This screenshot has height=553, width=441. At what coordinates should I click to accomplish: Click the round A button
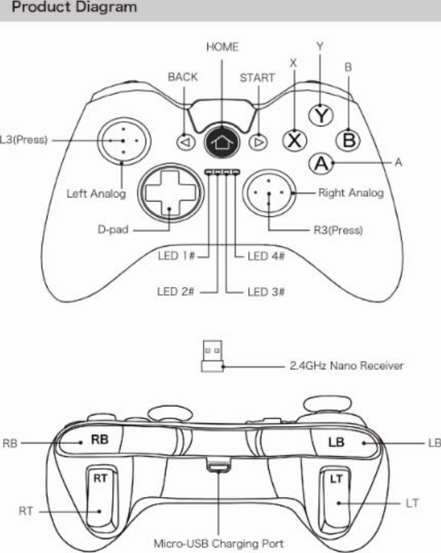point(321,163)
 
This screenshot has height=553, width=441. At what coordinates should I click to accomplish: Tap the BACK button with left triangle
point(186,140)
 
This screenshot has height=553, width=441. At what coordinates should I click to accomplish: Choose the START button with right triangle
point(261,140)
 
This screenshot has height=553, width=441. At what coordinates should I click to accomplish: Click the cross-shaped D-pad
point(169,192)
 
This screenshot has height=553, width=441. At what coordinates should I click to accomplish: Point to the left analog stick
point(124,140)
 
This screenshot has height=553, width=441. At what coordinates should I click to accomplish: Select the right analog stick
point(269,192)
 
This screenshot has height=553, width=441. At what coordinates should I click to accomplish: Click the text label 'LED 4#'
point(265,257)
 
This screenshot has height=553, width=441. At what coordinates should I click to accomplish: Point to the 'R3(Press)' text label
point(336,230)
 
